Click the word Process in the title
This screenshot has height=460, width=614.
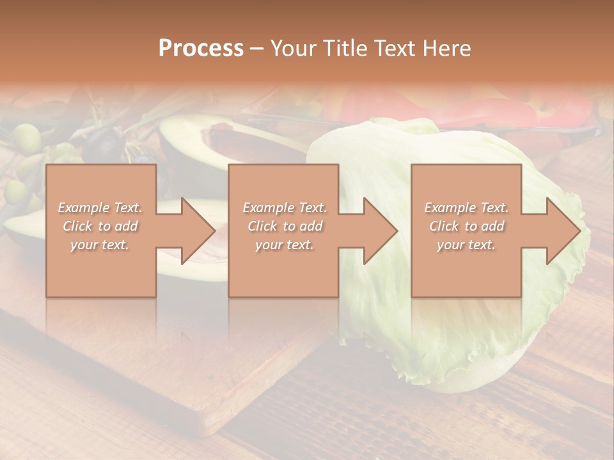click(201, 48)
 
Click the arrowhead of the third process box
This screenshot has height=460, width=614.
click(563, 231)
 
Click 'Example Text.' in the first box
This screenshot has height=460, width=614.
click(100, 208)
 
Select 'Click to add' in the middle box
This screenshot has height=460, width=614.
click(285, 226)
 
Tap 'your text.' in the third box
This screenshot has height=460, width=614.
click(466, 245)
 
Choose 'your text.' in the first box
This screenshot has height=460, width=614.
click(100, 245)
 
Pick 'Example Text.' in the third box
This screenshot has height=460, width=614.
click(466, 208)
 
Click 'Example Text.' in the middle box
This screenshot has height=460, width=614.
click(285, 208)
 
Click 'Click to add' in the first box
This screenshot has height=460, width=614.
click(100, 226)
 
